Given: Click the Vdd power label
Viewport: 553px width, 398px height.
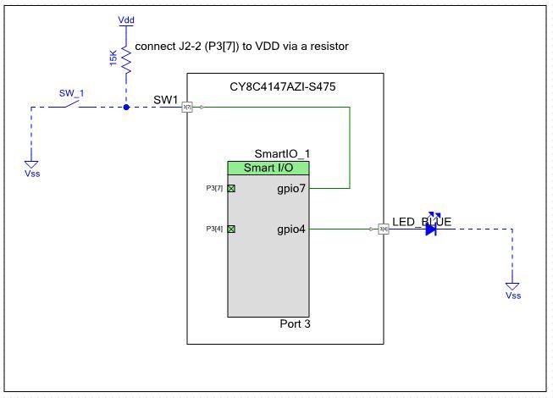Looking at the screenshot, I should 126,18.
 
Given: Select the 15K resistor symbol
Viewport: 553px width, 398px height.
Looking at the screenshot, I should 126,60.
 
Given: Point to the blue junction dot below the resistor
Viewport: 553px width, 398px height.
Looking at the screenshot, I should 126,108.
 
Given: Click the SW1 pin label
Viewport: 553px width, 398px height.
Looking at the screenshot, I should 166,99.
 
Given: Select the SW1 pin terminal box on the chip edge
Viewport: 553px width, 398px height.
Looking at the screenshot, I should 188,108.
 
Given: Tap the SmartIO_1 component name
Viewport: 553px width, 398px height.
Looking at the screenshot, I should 281,153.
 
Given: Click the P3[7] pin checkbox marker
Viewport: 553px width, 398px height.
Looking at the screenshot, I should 231,188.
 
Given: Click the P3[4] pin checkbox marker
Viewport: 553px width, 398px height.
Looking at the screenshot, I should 231,229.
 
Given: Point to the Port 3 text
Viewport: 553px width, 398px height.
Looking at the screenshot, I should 295,323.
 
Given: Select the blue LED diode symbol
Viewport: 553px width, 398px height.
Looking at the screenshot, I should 431,228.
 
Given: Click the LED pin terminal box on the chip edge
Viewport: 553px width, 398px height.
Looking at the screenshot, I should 383,229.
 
